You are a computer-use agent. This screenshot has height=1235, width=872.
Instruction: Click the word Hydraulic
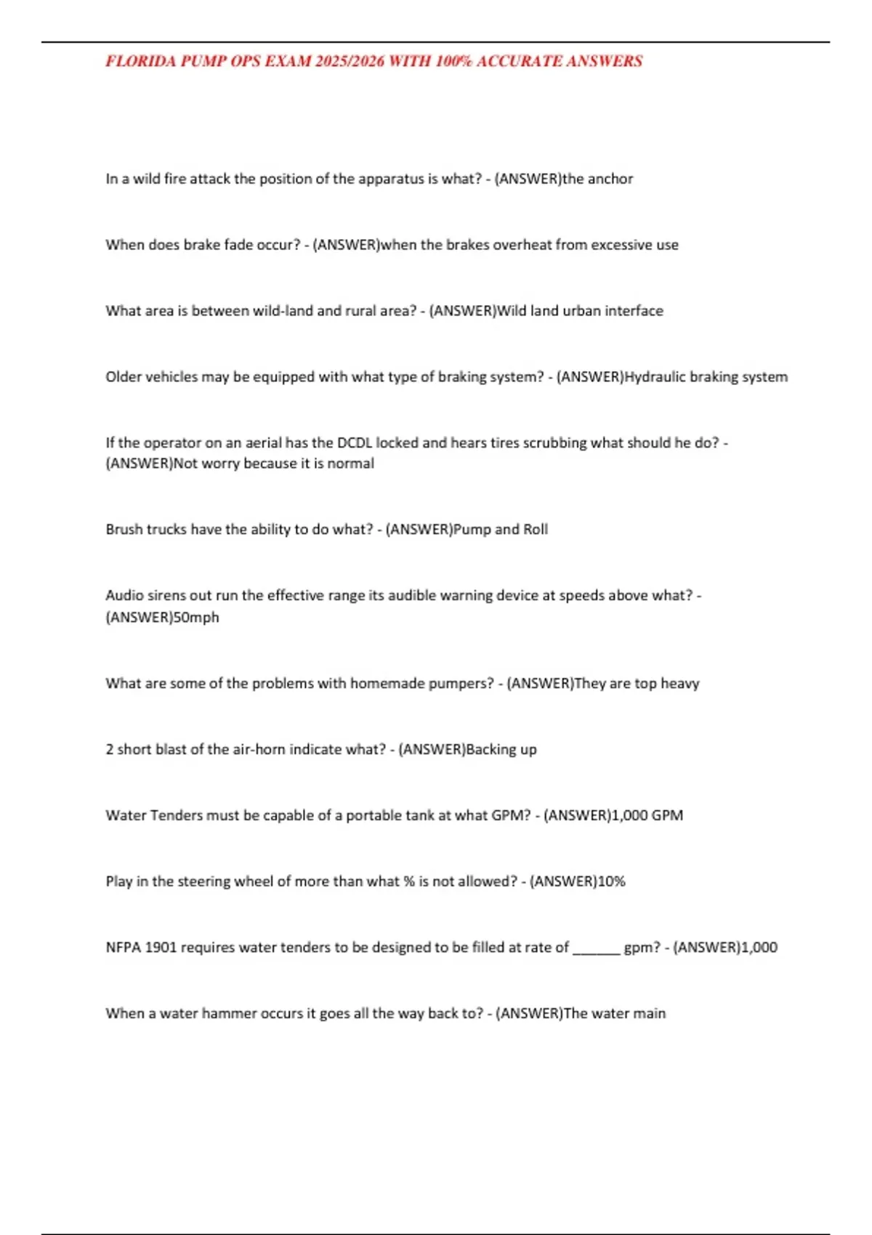point(655,377)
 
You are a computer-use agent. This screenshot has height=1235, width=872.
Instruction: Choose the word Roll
point(536,530)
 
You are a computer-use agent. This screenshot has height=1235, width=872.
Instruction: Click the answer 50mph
point(196,617)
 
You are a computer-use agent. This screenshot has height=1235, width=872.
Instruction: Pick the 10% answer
point(611,882)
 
